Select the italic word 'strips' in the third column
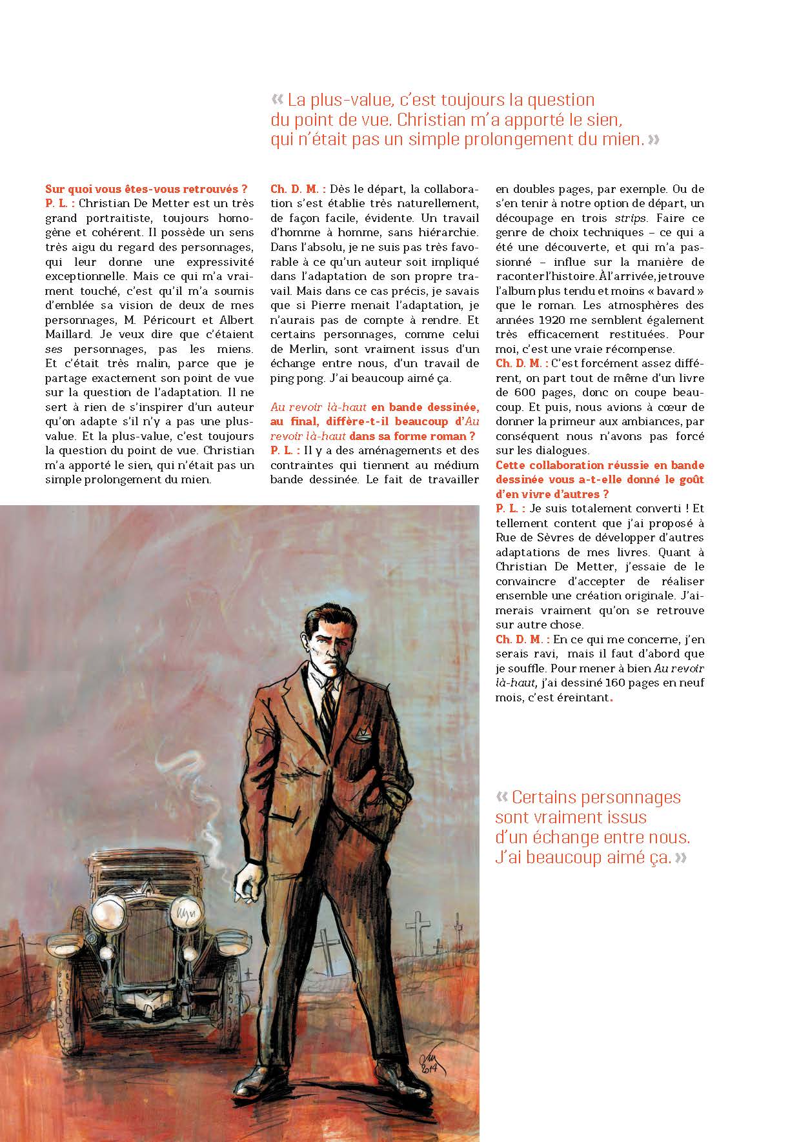629,218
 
